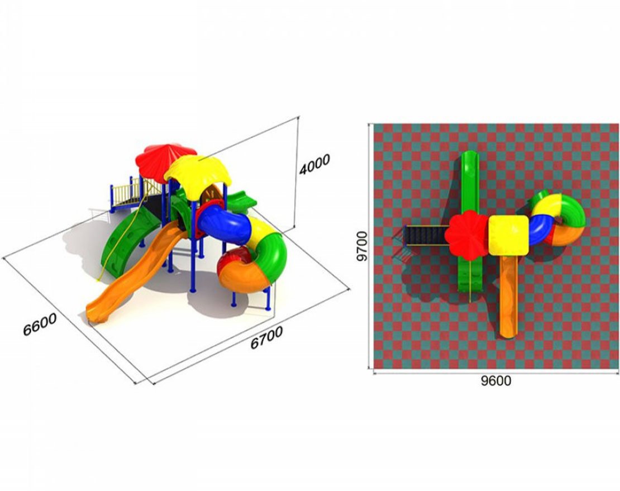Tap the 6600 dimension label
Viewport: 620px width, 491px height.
point(40,324)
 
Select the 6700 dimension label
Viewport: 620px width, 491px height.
point(266,337)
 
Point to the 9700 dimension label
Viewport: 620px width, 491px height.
point(361,246)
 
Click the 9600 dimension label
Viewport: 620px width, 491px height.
point(496,381)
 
